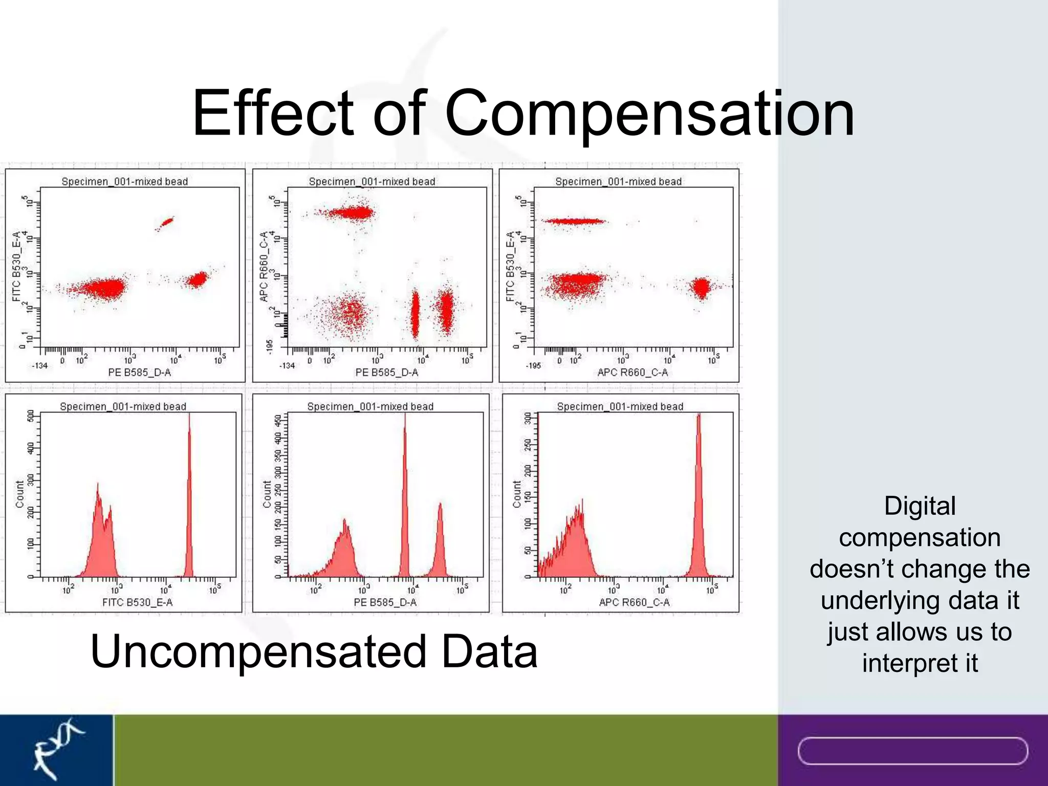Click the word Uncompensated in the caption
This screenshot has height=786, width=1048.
coord(258,651)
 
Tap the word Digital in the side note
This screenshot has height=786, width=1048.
coord(920,506)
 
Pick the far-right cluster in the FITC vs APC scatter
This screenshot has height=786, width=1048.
coord(701,287)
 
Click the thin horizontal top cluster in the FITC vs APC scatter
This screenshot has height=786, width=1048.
coord(574,221)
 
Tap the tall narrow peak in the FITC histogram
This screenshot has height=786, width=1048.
coord(189,512)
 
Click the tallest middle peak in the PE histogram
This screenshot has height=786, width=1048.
coord(405,512)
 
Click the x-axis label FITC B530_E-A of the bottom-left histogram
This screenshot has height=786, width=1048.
coord(137,602)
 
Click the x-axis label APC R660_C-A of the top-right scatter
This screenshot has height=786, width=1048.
coord(632,373)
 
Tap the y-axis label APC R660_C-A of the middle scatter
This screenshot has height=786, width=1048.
coord(264,267)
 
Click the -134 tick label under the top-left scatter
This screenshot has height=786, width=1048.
coord(39,365)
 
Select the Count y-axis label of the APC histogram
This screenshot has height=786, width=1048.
coord(516,494)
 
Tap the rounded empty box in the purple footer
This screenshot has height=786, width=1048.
coord(912,751)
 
